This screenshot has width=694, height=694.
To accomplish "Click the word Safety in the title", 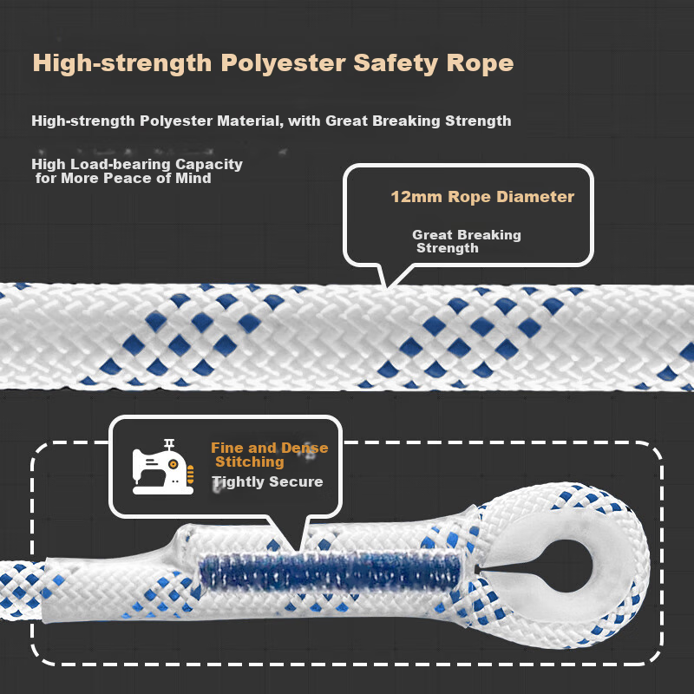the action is (396, 63).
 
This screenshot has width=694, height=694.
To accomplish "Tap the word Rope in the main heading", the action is (480, 62).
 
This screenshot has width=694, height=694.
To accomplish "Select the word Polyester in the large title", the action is (283, 63).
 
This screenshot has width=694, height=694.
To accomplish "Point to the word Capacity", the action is (209, 165).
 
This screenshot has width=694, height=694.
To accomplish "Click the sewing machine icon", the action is (163, 467).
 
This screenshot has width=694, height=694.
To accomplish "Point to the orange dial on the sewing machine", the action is (173, 464).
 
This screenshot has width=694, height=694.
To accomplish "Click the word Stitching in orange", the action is (250, 462).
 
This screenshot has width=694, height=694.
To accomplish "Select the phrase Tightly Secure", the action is (267, 481).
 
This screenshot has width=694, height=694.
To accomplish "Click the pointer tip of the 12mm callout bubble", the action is (386, 288).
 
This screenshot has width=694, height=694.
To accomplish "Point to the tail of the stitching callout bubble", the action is (298, 550).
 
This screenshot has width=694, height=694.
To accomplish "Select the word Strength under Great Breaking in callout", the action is (448, 248).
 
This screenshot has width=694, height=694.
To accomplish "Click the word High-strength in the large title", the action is (122, 63).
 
